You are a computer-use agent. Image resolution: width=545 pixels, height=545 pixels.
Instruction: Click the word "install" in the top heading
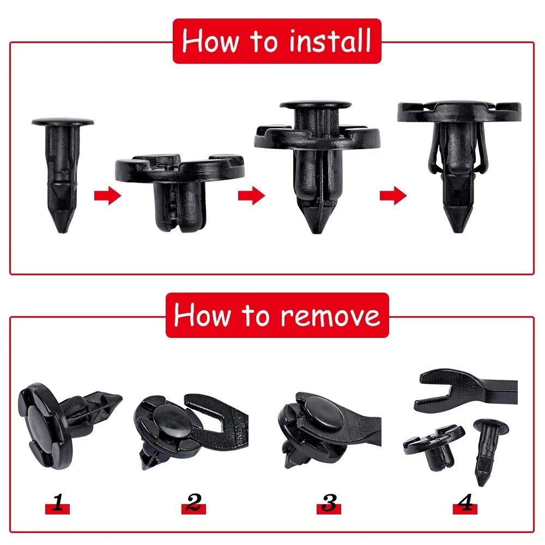[330, 41]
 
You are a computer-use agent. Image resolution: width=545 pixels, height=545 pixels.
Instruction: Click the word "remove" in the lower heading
[330, 316]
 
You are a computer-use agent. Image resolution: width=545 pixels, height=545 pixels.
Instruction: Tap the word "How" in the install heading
[210, 41]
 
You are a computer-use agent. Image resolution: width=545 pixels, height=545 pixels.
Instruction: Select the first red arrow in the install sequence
[107, 195]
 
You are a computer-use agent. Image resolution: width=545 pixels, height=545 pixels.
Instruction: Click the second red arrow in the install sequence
[251, 195]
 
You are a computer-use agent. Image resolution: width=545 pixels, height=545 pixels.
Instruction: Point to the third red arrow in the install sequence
[393, 195]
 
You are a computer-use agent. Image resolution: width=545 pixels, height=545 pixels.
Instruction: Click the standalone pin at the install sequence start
[63, 174]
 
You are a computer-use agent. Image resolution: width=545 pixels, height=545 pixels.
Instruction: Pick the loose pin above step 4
[488, 452]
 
